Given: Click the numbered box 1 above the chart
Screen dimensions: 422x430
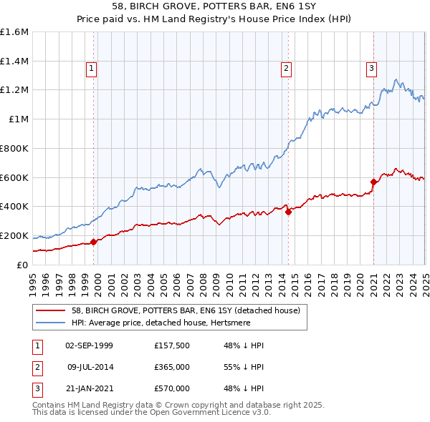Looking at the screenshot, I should point(92,69).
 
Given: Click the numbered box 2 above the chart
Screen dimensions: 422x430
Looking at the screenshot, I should point(286,69).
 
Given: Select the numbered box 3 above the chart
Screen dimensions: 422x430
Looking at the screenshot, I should point(372,69).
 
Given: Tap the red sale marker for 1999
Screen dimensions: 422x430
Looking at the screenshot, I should point(94,242).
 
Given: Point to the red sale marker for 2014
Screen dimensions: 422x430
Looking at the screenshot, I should point(288,212).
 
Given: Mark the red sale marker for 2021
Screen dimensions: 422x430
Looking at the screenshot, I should point(374,182).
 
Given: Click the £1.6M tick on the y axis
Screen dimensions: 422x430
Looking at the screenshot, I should point(14,32).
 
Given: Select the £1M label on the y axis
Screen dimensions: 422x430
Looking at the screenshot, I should point(19,119).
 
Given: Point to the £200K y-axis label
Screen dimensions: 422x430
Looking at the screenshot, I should point(14,235).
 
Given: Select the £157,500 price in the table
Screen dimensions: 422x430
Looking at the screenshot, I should point(172,345).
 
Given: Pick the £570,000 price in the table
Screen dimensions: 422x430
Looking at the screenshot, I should point(172,388).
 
